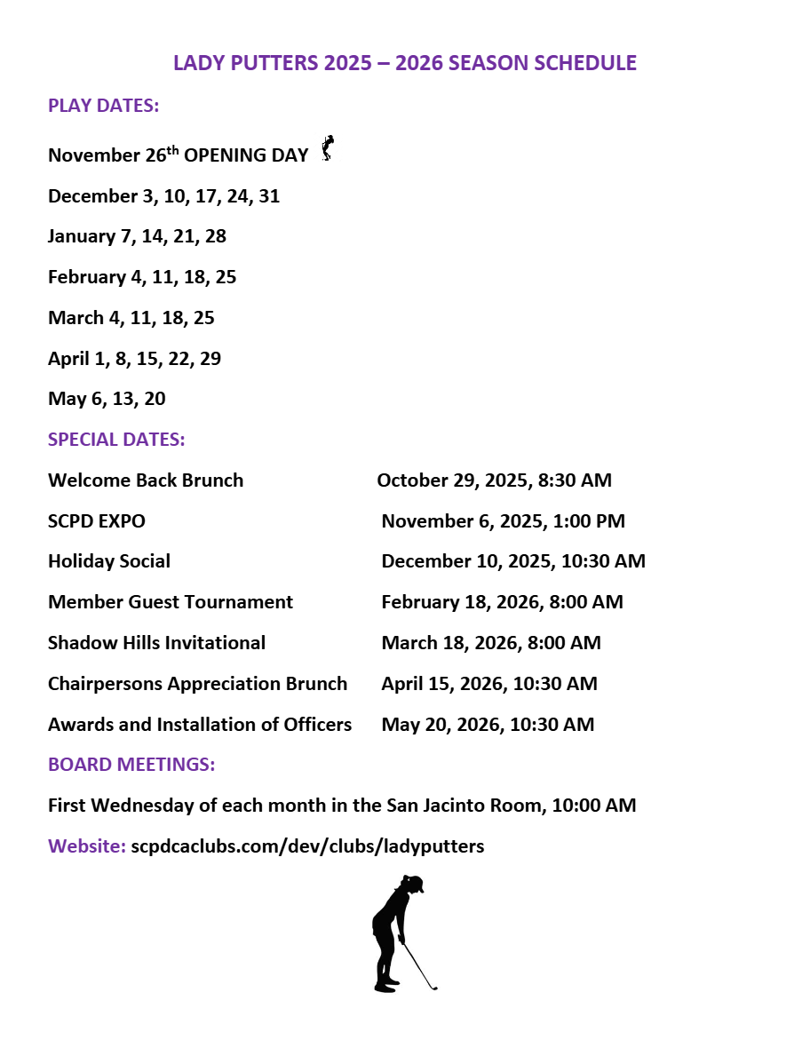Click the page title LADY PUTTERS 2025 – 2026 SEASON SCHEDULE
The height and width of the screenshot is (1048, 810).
[405, 64]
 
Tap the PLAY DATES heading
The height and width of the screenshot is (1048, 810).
[104, 106]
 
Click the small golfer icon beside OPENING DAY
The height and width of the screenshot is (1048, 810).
[328, 147]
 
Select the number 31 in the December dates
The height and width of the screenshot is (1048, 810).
[269, 196]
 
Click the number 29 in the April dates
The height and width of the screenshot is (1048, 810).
[210, 359]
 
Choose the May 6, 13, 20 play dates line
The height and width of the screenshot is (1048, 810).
[107, 400]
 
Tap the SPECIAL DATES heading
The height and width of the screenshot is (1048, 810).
[116, 440]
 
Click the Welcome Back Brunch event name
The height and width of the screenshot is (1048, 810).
[146, 480]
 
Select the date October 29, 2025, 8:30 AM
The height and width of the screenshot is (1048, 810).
[494, 480]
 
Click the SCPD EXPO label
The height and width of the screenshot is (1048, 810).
[97, 521]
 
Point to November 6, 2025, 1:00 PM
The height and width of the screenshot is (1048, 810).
[503, 521]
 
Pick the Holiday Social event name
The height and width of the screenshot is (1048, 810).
[109, 562]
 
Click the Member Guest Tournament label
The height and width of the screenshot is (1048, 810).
[171, 602]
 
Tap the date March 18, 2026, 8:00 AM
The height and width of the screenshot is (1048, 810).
[491, 643]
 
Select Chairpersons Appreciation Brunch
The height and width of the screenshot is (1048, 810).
[197, 684]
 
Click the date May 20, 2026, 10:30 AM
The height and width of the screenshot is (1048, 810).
[488, 725]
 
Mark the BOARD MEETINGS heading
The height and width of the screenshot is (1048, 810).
[131, 765]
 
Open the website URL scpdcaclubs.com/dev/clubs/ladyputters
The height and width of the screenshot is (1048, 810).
[307, 846]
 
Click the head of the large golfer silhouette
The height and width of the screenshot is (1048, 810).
[412, 885]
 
